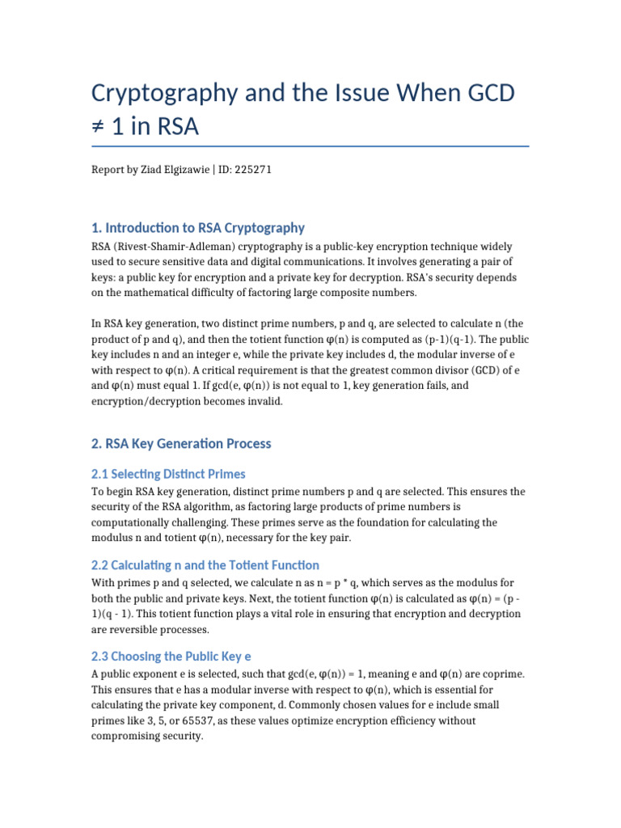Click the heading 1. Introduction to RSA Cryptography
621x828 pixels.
point(197,227)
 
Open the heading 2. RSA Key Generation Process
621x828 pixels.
point(181,444)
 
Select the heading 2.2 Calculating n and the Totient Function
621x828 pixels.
point(205,565)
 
